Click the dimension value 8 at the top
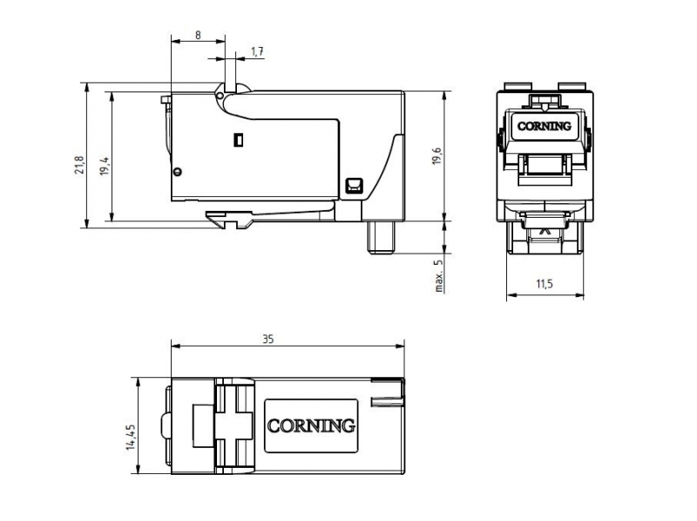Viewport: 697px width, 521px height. pyautogui.click(x=198, y=36)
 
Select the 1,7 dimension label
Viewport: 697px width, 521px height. pyautogui.click(x=257, y=52)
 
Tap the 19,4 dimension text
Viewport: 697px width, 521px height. pyautogui.click(x=104, y=166)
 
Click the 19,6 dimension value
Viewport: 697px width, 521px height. pyautogui.click(x=438, y=155)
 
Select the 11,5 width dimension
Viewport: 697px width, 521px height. pyautogui.click(x=545, y=284)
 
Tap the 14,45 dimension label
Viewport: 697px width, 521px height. pyautogui.click(x=130, y=436)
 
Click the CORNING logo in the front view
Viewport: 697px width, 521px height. pyautogui.click(x=544, y=125)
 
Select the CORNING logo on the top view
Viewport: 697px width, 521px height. pyautogui.click(x=311, y=426)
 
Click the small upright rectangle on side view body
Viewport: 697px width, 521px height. pyautogui.click(x=237, y=139)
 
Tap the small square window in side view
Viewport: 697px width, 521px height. pyautogui.click(x=353, y=185)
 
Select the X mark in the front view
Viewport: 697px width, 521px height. pyautogui.click(x=545, y=231)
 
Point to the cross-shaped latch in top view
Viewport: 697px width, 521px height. pyautogui.click(x=231, y=425)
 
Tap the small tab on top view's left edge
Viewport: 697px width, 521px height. pyautogui.click(x=164, y=426)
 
